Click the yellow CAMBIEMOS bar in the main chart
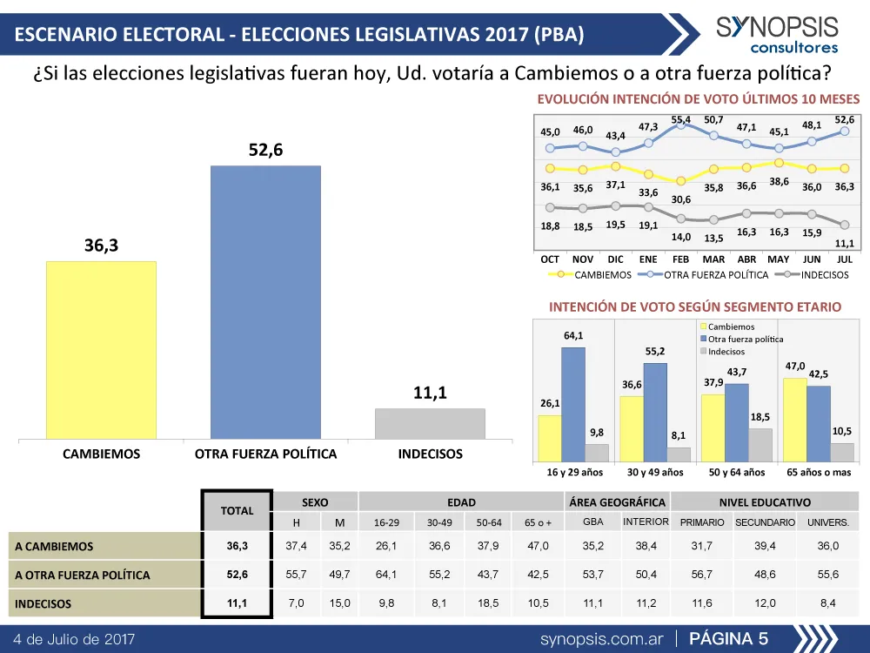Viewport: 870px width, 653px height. pos(101,349)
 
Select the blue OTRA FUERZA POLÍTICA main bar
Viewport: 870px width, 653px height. pos(265,302)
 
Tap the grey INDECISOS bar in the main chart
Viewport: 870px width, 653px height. pos(430,423)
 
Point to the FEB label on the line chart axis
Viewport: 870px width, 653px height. pos(680,259)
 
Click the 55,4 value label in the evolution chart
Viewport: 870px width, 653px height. pos(681,119)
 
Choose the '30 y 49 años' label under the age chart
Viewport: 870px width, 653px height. pos(655,473)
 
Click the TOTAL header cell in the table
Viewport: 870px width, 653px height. pos(237,511)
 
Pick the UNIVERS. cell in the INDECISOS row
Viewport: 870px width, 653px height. pos(828,603)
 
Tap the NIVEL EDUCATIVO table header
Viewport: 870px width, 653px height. pos(765,502)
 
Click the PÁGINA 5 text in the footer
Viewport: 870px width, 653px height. pos(728,639)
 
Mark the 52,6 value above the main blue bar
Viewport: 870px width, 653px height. pos(265,151)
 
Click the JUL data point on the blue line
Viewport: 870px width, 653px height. pos(845,131)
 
